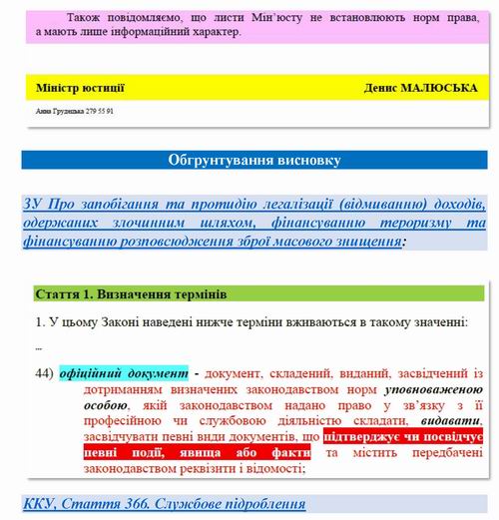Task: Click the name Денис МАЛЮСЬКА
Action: [x=423, y=88]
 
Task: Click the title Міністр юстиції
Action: [x=80, y=88]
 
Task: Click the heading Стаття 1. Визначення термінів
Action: [x=131, y=295]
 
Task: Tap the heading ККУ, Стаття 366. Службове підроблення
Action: [x=165, y=503]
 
